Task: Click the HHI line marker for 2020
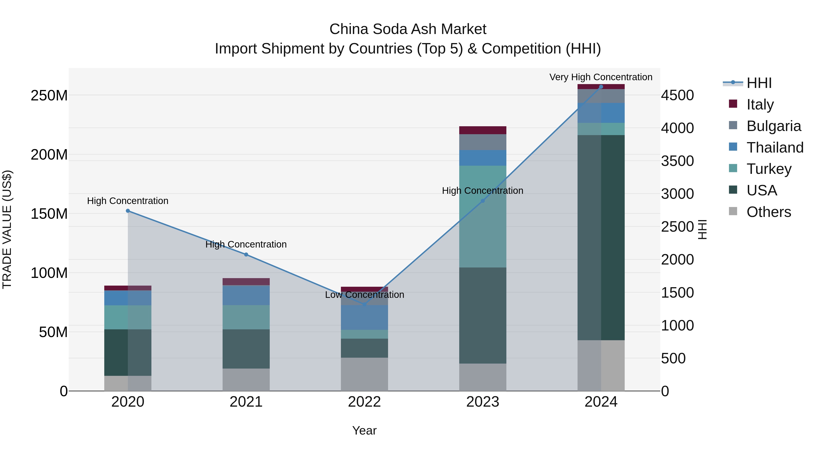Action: (x=128, y=211)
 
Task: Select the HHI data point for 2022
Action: (x=364, y=304)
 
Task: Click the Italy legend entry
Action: (x=760, y=104)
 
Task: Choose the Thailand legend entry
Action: (x=775, y=147)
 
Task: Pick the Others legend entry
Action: (x=768, y=212)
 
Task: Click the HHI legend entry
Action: (x=759, y=83)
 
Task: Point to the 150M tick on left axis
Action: (x=49, y=214)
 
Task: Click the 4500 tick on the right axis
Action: (x=677, y=95)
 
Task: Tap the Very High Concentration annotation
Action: (x=601, y=77)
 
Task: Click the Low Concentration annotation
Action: (x=364, y=295)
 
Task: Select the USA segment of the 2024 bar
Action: (x=601, y=238)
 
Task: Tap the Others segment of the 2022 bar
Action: (x=364, y=374)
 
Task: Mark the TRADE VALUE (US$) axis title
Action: (x=7, y=229)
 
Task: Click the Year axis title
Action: (x=364, y=430)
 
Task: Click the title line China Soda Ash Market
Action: (x=408, y=29)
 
